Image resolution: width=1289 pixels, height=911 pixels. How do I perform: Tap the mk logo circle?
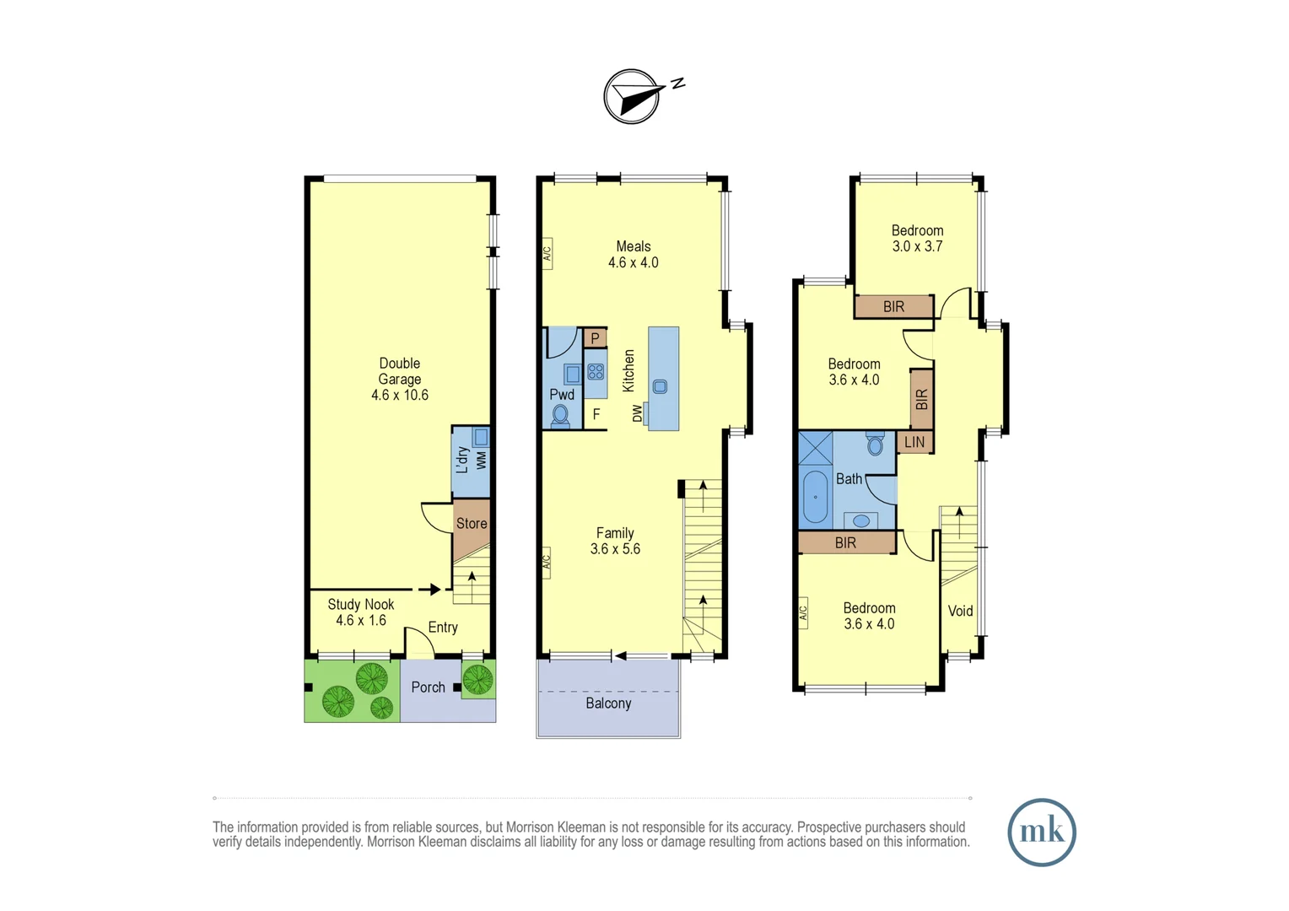tap(1041, 832)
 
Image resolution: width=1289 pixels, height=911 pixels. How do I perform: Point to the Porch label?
tap(428, 687)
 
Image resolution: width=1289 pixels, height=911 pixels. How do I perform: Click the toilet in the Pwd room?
tap(560, 415)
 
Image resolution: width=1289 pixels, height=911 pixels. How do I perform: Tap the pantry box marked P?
tap(595, 338)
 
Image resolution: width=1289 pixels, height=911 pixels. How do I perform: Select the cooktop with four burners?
tap(596, 371)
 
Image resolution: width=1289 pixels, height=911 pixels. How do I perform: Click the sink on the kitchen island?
tap(660, 386)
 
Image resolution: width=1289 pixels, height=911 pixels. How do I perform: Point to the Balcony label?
tap(608, 703)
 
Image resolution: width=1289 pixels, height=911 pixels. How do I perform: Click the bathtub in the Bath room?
tap(815, 497)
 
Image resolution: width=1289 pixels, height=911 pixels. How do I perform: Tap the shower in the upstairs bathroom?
tap(815, 448)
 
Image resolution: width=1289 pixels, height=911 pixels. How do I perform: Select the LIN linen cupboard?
tap(914, 442)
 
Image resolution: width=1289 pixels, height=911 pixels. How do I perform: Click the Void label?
tap(960, 612)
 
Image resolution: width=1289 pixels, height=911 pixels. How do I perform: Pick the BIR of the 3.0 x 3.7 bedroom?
tap(893, 307)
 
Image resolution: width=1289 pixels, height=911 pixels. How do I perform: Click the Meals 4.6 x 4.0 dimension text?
tap(634, 262)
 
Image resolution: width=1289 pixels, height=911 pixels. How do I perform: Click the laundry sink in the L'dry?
tap(480, 437)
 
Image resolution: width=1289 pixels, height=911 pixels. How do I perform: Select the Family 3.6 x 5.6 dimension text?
tap(615, 549)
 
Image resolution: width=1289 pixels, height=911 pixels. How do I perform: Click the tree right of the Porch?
tap(477, 679)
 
